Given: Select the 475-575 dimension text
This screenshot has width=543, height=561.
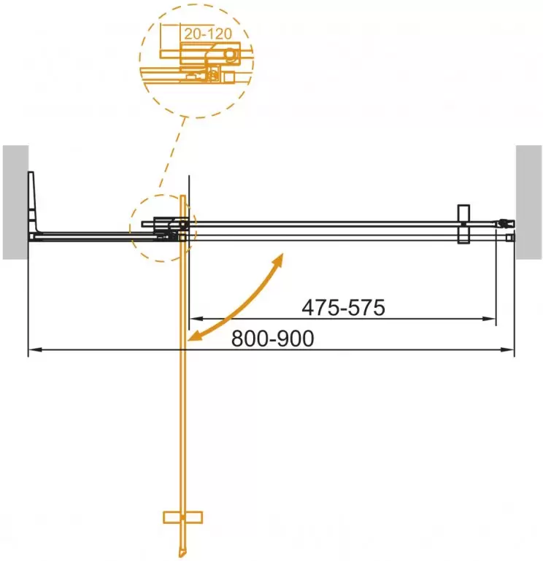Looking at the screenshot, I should (343, 308).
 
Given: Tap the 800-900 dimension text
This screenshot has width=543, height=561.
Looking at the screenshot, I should (272, 339).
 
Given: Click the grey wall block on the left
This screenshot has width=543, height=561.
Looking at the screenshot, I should (15, 201).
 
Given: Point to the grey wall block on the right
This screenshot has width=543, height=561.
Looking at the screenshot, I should (529, 201).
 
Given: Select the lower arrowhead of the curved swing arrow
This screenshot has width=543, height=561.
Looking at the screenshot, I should (193, 337).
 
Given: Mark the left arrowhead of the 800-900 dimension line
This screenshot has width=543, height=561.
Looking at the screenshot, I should (32, 351).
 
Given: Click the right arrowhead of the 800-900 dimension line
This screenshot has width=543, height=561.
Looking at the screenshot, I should (510, 351).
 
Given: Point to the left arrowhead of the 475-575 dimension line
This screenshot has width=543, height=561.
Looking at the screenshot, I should (193, 319).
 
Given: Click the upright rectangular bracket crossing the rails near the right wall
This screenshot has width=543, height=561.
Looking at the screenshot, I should (462, 224).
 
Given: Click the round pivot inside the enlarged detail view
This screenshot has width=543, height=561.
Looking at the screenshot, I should (230, 55).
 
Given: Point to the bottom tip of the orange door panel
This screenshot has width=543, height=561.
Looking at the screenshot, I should (182, 551).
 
